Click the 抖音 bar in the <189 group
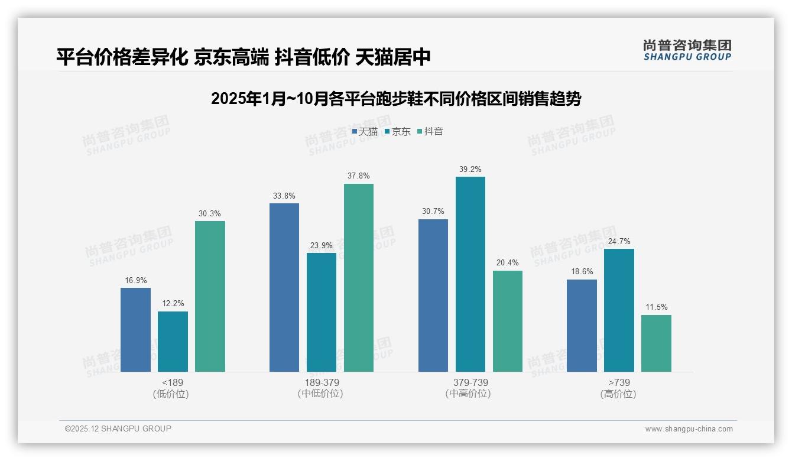210,296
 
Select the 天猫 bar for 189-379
284,287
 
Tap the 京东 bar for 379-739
470,274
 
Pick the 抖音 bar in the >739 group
656,343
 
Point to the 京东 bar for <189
173,341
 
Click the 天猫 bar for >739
582,325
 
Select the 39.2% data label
470,169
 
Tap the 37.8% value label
359,176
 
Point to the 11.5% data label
656,307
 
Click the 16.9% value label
135,280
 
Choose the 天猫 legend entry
365,132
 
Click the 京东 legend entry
397,132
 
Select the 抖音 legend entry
430,132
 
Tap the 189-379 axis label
322,383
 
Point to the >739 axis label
619,383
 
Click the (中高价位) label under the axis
468,394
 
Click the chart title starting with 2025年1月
396,99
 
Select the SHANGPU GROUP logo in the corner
687,50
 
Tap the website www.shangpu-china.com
689,429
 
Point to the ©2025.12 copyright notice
118,428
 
